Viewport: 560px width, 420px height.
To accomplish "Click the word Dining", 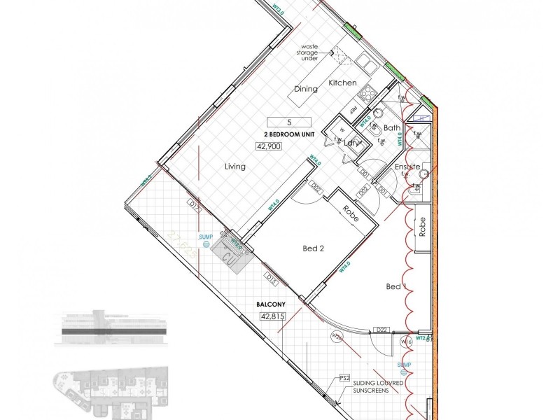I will coord(305,89).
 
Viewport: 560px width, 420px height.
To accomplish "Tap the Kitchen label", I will coord(343,83).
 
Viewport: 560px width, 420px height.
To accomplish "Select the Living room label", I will coord(235,167).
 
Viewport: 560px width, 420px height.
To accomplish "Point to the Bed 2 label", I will coord(313,248).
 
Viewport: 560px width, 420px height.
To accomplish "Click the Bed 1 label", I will coord(395,287).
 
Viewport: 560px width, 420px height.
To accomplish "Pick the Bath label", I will coord(392,128).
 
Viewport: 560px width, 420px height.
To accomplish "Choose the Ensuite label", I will coord(407,167).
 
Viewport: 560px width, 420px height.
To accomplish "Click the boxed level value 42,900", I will coord(270,147).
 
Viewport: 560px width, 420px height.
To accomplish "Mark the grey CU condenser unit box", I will coord(229,256).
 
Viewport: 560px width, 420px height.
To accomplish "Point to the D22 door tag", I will coord(381,330).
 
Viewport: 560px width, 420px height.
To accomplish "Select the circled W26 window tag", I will coord(337,337).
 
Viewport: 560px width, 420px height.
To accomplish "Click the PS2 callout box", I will coord(344,379).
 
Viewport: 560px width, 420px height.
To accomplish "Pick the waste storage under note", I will coord(310,52).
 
